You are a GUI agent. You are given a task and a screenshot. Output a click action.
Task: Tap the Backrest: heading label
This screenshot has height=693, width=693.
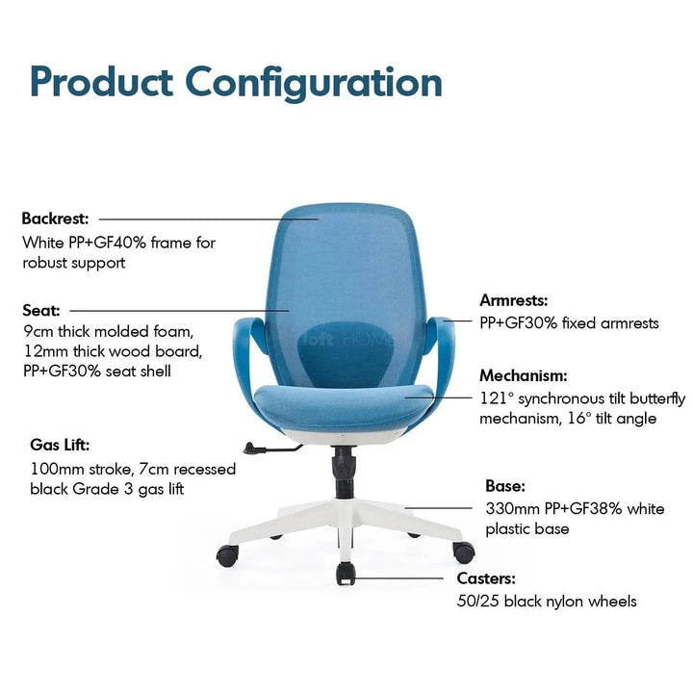pos(56,218)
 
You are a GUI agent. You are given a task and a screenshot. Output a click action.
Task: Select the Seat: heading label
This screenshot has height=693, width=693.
pos(41,310)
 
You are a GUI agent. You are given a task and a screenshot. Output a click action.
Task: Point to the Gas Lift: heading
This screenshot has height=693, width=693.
pos(60,446)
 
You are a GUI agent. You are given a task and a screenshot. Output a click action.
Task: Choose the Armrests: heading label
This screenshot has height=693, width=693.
pos(514,300)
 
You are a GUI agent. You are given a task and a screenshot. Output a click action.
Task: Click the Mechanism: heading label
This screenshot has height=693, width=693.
pos(524,375)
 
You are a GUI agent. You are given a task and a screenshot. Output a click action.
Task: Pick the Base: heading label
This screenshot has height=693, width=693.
pos(505,487)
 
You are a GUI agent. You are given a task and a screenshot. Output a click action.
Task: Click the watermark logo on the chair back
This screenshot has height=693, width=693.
pos(346,339)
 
